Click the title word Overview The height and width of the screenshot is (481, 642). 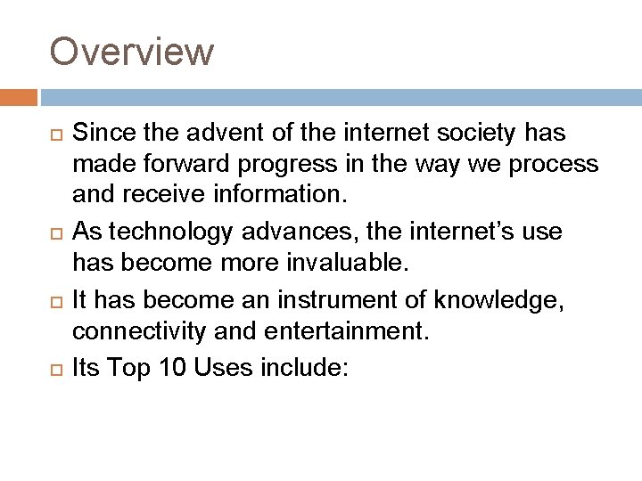pyautogui.click(x=132, y=51)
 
